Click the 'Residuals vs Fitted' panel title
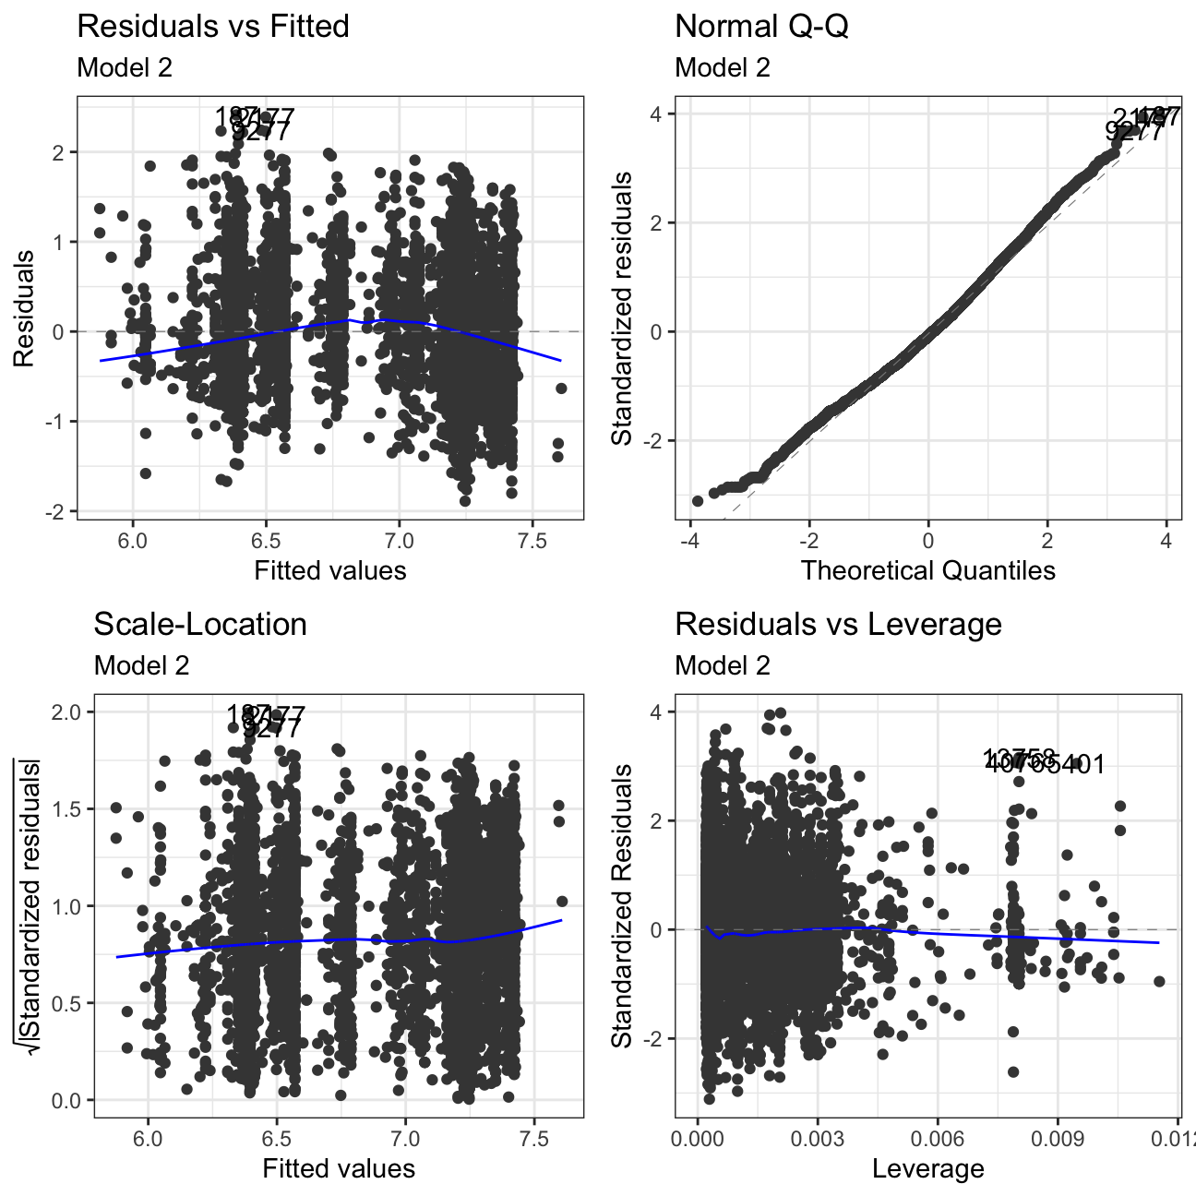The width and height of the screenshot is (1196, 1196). (x=213, y=27)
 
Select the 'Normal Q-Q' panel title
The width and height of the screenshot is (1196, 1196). (x=761, y=27)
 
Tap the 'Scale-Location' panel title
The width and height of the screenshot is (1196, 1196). (x=200, y=625)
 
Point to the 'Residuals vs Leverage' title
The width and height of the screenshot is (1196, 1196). (x=838, y=625)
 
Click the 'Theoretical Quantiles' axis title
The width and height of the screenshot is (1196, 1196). (x=927, y=570)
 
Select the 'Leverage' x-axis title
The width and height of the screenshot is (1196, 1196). (x=927, y=1169)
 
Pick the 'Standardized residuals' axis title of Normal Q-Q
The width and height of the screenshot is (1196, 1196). (x=623, y=307)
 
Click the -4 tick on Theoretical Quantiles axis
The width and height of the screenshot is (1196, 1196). (x=688, y=540)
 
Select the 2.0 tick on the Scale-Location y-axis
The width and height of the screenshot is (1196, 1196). (x=68, y=712)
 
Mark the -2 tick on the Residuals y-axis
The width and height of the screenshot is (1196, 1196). (x=59, y=511)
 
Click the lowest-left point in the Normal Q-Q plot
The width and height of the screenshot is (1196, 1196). (x=698, y=501)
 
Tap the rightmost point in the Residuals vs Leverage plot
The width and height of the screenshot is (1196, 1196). (x=1159, y=981)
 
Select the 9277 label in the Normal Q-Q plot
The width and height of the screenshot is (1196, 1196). (x=1134, y=132)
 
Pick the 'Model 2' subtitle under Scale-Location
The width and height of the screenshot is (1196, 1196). (x=141, y=666)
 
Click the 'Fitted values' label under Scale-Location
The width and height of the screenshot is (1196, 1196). (x=339, y=1169)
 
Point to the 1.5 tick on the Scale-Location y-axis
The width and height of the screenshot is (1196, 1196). (x=68, y=808)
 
